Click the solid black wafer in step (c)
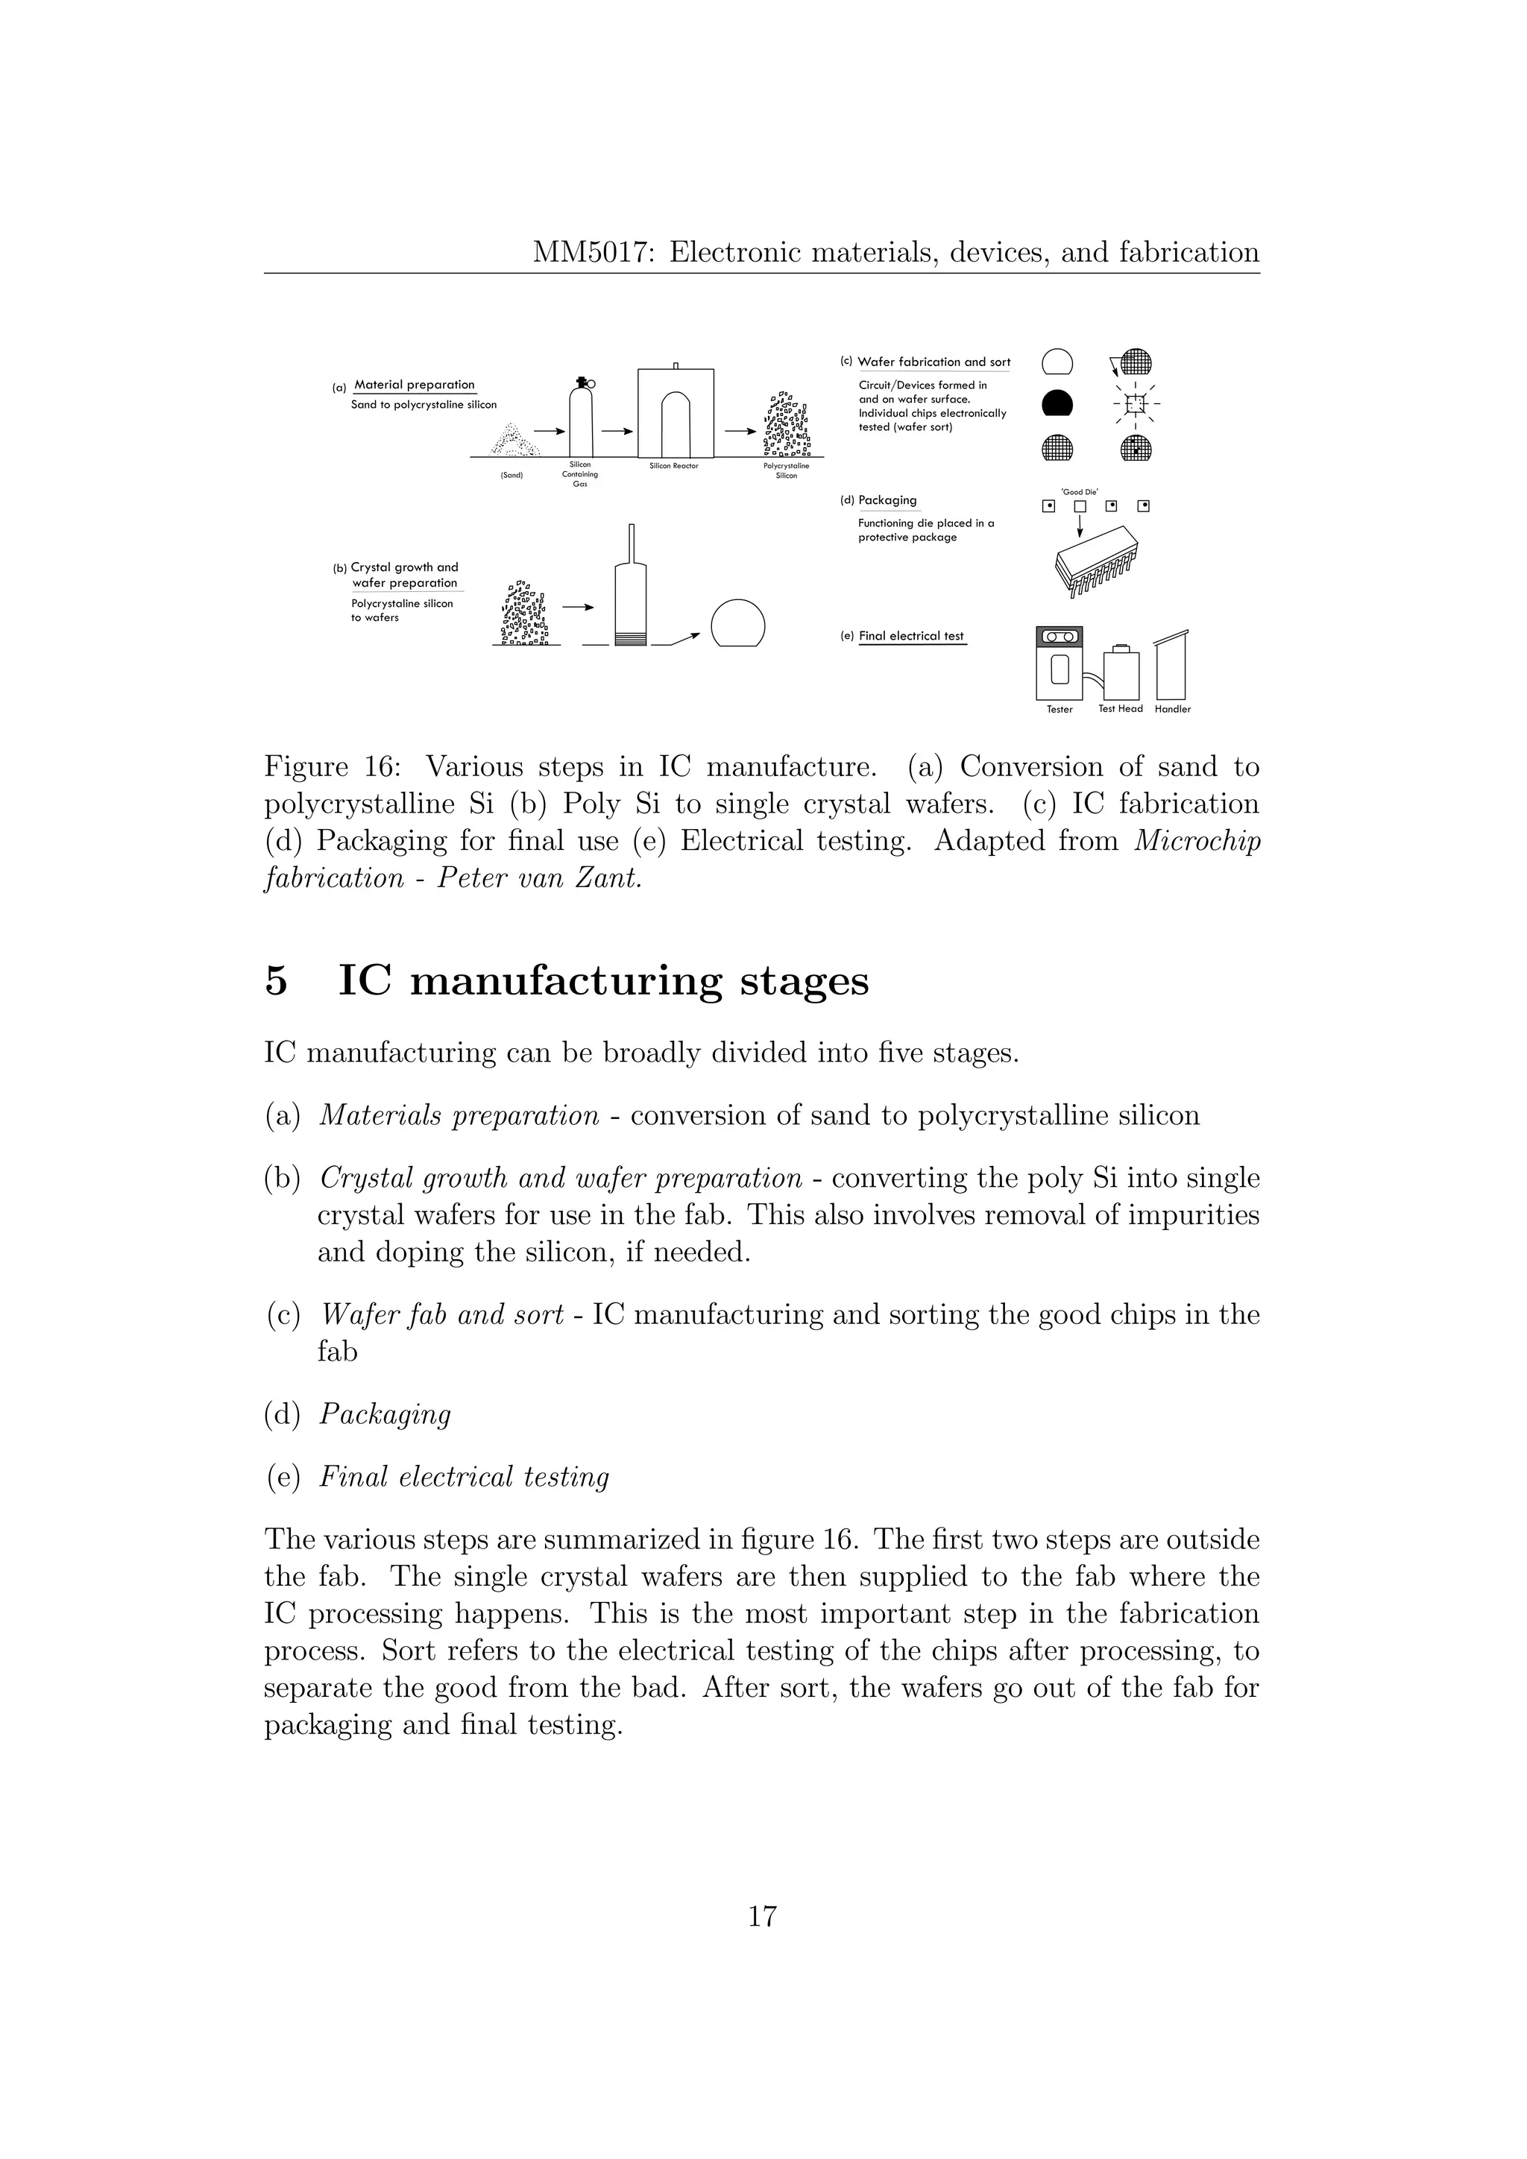point(1058,403)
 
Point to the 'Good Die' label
point(1080,491)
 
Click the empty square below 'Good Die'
point(1080,507)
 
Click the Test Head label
point(1120,709)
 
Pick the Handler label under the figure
point(1173,709)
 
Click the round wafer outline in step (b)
point(738,623)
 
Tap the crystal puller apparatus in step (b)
point(630,593)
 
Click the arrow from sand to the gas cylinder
point(549,432)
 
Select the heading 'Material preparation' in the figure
point(415,385)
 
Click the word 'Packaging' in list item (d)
point(385,1414)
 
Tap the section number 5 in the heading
point(275,982)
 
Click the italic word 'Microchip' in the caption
point(1197,841)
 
